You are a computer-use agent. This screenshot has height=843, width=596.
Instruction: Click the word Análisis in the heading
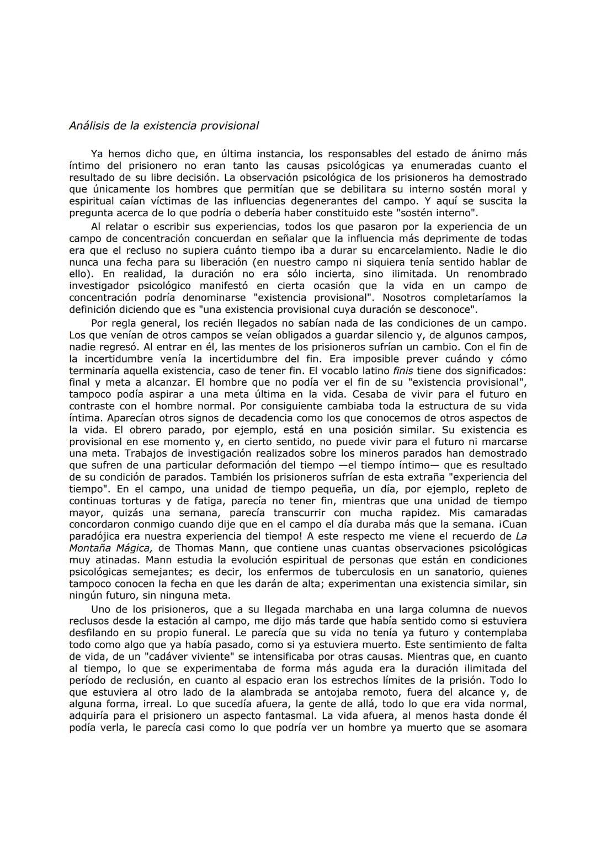point(89,126)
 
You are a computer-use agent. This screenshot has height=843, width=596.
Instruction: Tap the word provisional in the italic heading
point(232,126)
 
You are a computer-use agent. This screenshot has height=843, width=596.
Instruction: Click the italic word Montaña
point(93,548)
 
